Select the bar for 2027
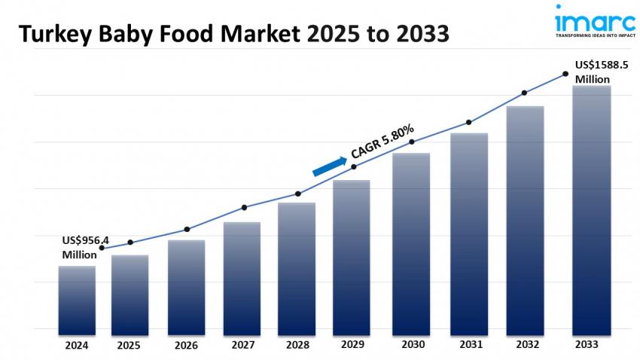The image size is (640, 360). click(x=242, y=278)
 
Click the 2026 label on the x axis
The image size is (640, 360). click(x=186, y=345)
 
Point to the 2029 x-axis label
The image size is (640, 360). click(x=351, y=345)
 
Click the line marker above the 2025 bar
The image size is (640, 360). click(x=130, y=242)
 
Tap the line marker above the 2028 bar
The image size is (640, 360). click(x=297, y=194)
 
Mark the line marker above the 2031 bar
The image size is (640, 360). click(x=469, y=122)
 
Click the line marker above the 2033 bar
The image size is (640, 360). click(x=565, y=74)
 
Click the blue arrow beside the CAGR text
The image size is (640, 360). click(x=329, y=166)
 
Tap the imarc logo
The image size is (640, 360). click(x=584, y=17)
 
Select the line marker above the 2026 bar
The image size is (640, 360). click(x=187, y=229)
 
